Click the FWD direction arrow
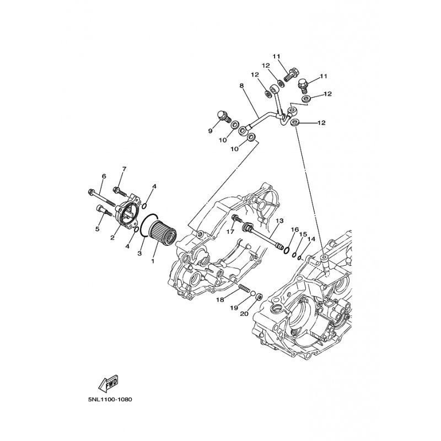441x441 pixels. coord(108,383)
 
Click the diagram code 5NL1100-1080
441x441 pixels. coord(110,399)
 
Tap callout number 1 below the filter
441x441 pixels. coord(153,261)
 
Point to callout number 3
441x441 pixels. coord(139,254)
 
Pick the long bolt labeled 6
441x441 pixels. coord(101,197)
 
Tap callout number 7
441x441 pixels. coord(124,169)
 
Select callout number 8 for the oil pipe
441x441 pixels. coord(241,85)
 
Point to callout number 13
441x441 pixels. coord(279,221)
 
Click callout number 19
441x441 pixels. coord(234,308)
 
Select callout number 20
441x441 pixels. coord(244,313)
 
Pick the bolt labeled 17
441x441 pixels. coord(236,218)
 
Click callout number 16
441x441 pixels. coord(294,230)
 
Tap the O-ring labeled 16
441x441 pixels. coord(287,250)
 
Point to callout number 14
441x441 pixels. coord(311,239)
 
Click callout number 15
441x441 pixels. coord(303,234)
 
